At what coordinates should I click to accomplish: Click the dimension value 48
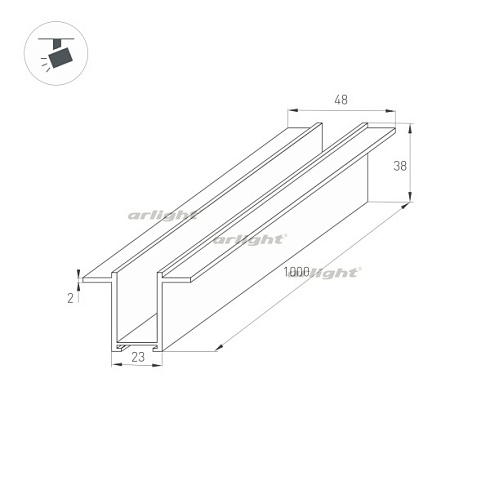click(x=341, y=100)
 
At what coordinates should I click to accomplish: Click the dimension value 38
click(x=400, y=166)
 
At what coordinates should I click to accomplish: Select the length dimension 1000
click(x=296, y=272)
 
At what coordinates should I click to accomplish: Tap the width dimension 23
click(x=138, y=357)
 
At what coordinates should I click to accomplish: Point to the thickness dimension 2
click(x=70, y=298)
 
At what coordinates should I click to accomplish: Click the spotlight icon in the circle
click(x=56, y=54)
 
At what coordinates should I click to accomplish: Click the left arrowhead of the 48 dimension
click(x=292, y=111)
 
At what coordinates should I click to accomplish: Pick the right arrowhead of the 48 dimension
click(x=391, y=111)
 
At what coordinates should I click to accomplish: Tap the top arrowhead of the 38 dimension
click(x=410, y=128)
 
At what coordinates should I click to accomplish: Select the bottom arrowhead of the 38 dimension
click(x=410, y=197)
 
